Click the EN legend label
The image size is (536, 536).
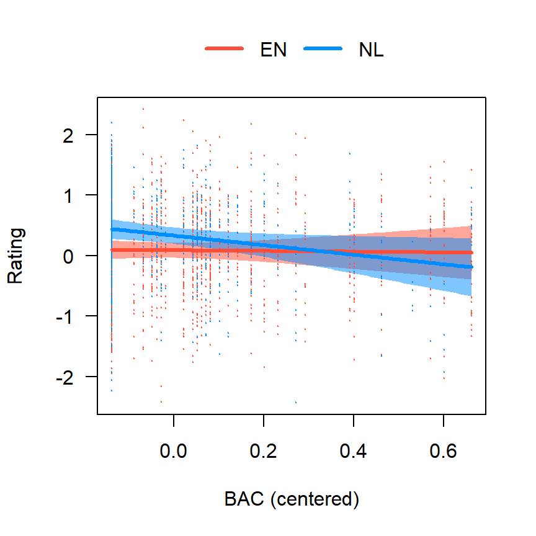[274, 51]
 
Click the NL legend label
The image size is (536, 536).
[371, 51]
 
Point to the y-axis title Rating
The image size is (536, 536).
[16, 256]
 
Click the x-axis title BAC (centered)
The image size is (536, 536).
[292, 499]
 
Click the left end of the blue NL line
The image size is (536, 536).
[112, 230]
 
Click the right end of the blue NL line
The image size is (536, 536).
[471, 267]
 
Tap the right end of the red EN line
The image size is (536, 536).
[471, 252]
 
